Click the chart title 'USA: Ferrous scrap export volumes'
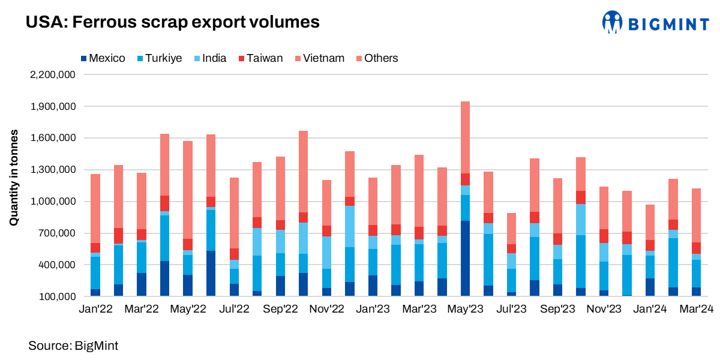pyautogui.click(x=173, y=23)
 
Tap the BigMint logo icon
pyautogui.click(x=613, y=22)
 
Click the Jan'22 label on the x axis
pyautogui.click(x=95, y=309)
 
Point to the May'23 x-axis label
pyautogui.click(x=465, y=309)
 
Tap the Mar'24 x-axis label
pyautogui.click(x=696, y=309)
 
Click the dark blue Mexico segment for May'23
pyautogui.click(x=465, y=258)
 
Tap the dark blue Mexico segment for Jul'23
pyautogui.click(x=511, y=294)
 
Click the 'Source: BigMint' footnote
pyautogui.click(x=73, y=346)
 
